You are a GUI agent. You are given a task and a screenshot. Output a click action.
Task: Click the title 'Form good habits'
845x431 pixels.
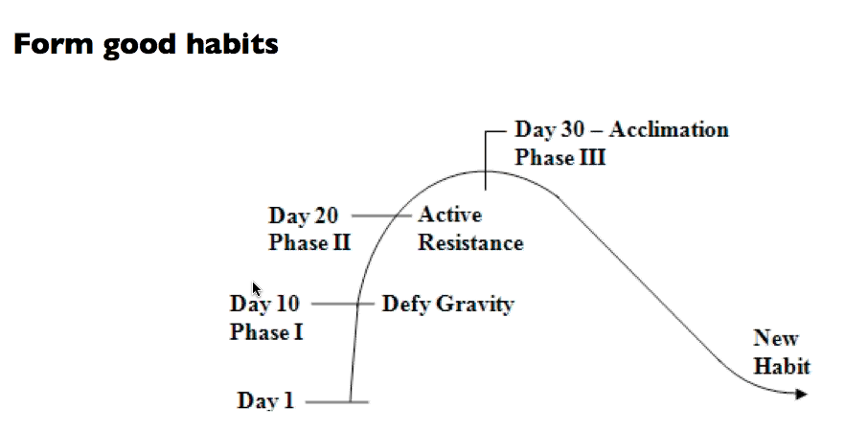pyautogui.click(x=146, y=45)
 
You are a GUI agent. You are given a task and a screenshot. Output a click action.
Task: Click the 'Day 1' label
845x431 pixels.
pyautogui.click(x=265, y=400)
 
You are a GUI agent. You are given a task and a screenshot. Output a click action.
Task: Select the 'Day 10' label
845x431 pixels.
pyautogui.click(x=264, y=304)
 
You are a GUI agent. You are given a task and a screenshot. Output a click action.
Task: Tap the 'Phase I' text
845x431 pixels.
pyautogui.click(x=266, y=331)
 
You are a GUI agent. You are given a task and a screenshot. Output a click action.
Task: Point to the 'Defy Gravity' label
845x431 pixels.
pyautogui.click(x=447, y=304)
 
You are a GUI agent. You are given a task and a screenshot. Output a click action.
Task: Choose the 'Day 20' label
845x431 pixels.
pyautogui.click(x=303, y=215)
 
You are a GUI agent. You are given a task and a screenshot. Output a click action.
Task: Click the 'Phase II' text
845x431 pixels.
pyautogui.click(x=309, y=242)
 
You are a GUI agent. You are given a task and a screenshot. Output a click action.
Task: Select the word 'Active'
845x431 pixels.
pyautogui.click(x=450, y=215)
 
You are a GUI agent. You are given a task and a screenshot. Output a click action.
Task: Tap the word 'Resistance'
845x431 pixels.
pyautogui.click(x=470, y=242)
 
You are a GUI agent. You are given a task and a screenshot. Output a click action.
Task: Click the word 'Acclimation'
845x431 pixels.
pyautogui.click(x=669, y=129)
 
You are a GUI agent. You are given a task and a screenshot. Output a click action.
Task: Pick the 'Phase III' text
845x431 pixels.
pyautogui.click(x=560, y=157)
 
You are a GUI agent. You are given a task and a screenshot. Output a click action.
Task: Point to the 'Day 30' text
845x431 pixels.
pyautogui.click(x=549, y=129)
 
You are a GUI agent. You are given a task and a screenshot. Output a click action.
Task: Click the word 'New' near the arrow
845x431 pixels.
pyautogui.click(x=775, y=338)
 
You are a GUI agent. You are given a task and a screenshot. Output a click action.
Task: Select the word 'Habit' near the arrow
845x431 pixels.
pyautogui.click(x=782, y=366)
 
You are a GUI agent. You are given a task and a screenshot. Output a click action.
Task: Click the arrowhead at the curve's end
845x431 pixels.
pyautogui.click(x=801, y=395)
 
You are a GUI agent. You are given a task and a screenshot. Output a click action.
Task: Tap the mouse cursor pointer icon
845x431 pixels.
pyautogui.click(x=257, y=289)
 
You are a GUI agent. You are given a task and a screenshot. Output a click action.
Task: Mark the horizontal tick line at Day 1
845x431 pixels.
pyautogui.click(x=337, y=402)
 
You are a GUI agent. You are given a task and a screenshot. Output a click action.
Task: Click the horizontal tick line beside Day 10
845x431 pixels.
pyautogui.click(x=343, y=304)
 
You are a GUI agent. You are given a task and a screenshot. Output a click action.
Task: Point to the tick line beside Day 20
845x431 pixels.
pyautogui.click(x=381, y=215)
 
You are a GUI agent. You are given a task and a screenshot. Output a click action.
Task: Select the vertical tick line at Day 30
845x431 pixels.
pyautogui.click(x=486, y=160)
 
